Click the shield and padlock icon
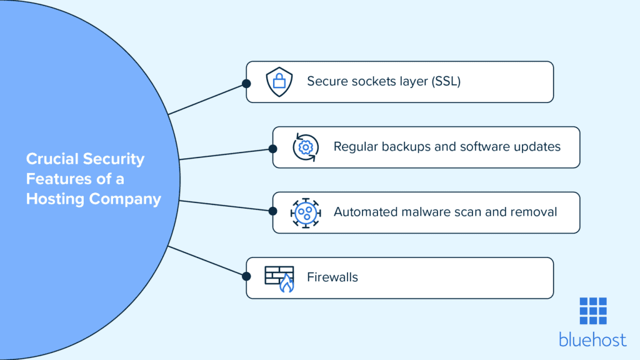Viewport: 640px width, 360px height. (279, 82)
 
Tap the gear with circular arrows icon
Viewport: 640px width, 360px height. (306, 147)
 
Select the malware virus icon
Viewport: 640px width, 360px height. (306, 212)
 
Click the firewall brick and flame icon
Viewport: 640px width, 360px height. (279, 278)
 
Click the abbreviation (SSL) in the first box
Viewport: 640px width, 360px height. (446, 82)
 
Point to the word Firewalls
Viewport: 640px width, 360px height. (332, 277)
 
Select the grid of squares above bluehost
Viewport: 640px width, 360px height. (592, 311)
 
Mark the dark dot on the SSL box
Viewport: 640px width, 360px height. (246, 82)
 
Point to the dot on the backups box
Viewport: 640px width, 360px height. (272, 148)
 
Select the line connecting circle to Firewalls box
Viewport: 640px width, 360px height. (206, 262)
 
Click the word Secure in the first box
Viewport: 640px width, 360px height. (326, 82)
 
